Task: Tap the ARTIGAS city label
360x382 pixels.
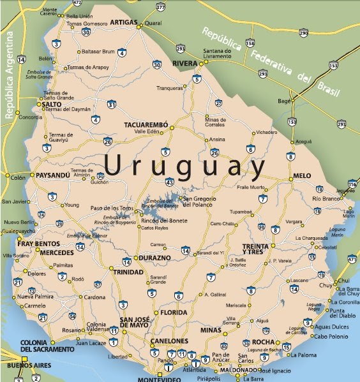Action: point(124,22)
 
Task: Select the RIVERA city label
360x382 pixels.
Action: point(186,64)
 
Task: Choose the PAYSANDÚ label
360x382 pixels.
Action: point(52,175)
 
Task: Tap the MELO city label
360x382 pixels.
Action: point(302,175)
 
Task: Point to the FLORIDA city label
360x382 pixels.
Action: point(174,312)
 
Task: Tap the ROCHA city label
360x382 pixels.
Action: point(262,341)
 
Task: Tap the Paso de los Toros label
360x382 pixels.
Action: point(111,208)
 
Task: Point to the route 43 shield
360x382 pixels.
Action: point(169,182)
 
